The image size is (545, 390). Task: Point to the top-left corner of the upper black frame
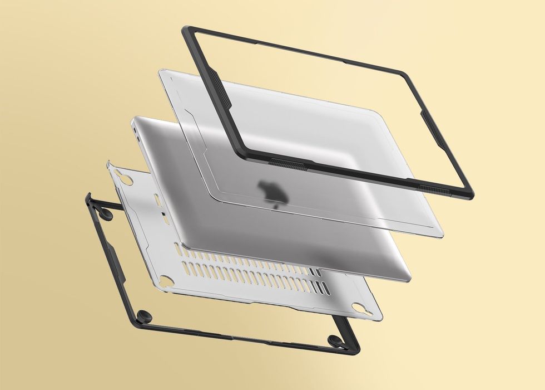click(186, 31)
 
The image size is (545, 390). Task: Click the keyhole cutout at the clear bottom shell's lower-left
click(166, 281)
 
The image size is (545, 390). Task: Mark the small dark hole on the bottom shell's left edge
click(162, 214)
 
